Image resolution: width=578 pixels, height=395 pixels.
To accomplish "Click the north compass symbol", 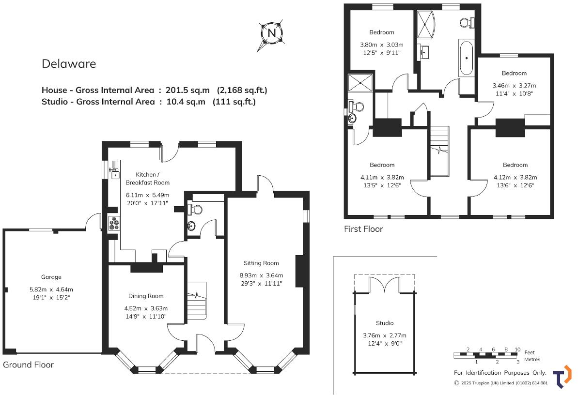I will [x=272, y=33].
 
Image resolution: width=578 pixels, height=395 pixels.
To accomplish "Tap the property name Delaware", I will [x=69, y=64].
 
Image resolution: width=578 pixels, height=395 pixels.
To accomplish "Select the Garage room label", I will [x=51, y=277].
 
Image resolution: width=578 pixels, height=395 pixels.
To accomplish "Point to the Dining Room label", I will [x=146, y=296].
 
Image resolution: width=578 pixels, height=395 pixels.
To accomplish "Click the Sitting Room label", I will [x=261, y=263].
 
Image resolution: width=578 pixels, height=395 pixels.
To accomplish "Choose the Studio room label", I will [x=385, y=323].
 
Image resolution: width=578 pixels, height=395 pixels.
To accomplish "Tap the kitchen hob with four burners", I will [x=114, y=223].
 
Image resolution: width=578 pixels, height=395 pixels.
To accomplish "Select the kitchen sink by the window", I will [x=114, y=173].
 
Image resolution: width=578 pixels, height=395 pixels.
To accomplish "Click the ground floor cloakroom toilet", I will [x=196, y=209].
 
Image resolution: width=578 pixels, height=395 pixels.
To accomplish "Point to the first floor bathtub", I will [x=467, y=59].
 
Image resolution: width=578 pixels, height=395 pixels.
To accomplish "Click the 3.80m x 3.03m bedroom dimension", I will [x=382, y=45].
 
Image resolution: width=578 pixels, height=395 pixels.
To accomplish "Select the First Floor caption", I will [x=363, y=229].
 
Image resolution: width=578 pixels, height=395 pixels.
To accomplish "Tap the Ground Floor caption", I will [x=29, y=365].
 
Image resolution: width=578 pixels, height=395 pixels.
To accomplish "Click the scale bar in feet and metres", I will [x=486, y=355].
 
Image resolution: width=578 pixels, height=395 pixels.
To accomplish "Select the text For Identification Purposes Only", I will [x=500, y=373].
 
